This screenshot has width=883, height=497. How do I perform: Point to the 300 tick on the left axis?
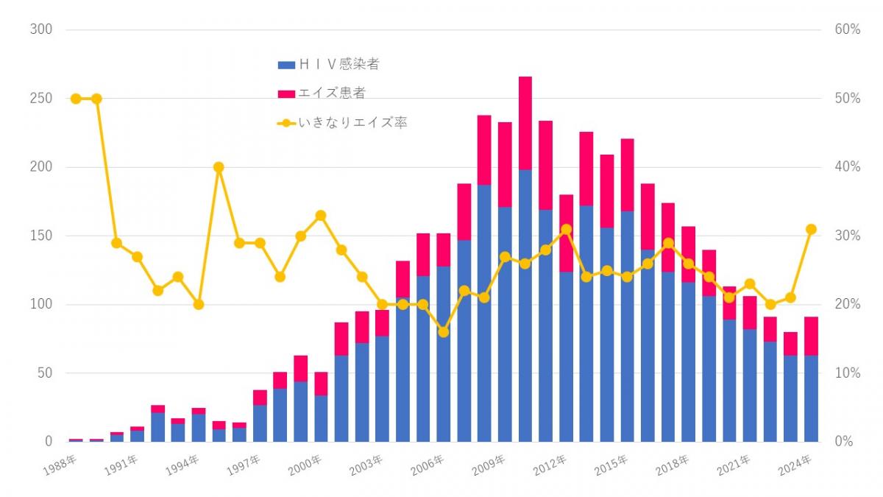40,29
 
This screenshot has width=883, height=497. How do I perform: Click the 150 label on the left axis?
40,236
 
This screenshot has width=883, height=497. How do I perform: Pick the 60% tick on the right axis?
847,29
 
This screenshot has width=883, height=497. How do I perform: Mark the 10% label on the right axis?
847,373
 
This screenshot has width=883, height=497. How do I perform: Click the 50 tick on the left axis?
43,373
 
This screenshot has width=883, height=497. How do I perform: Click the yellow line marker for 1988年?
76,99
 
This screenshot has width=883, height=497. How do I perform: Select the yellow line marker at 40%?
219,167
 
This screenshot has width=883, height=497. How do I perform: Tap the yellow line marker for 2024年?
811,229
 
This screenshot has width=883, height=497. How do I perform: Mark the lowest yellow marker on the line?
443,332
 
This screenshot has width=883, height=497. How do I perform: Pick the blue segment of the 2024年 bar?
811,398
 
